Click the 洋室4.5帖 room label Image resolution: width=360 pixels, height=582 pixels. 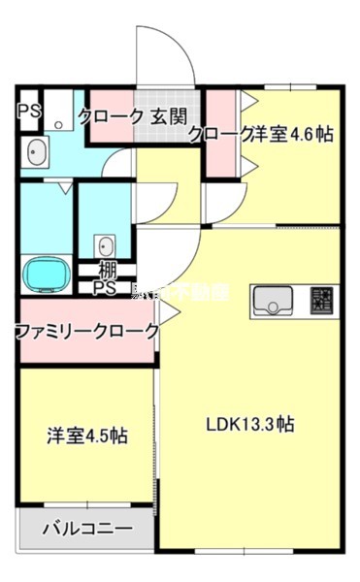87,436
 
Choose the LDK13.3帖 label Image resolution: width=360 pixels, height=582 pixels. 249,424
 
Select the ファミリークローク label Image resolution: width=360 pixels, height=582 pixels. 87,332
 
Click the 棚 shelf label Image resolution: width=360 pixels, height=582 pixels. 107,271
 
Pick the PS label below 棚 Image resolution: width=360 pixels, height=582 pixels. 104,288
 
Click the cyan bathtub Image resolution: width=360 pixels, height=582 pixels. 45,274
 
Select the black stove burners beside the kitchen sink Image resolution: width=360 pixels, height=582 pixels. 322,302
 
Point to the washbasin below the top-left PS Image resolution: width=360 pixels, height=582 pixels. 36,152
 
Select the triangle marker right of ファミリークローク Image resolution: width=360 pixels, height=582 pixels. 167,312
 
